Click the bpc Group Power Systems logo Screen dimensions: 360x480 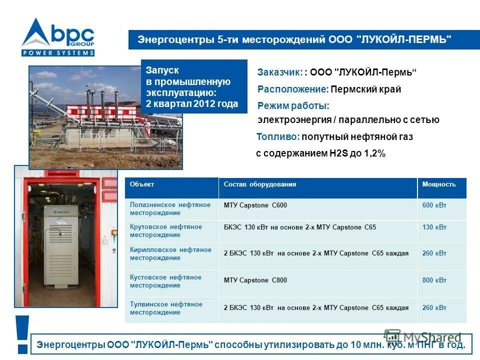(57, 37)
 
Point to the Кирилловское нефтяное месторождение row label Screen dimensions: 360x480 (170, 254)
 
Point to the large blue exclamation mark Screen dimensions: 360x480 (22, 334)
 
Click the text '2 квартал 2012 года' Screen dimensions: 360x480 (192, 104)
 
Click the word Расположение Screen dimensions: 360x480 (292, 89)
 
